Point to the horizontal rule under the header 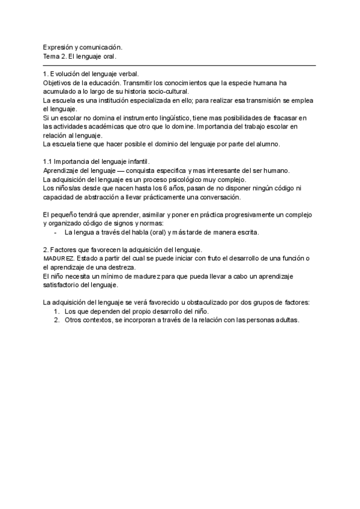click(x=180, y=65)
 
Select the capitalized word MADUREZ click(x=58, y=259)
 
